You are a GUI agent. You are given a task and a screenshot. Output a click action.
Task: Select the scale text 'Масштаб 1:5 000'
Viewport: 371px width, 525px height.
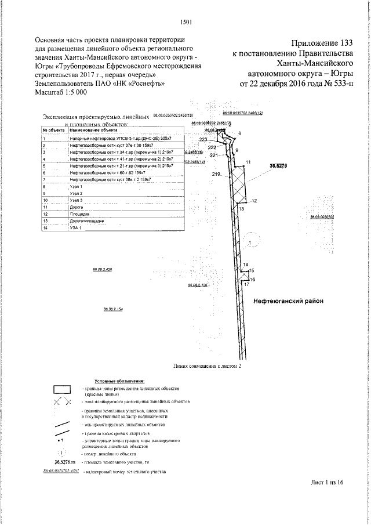(61, 92)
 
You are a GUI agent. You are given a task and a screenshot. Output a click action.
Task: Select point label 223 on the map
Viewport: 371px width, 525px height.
(203, 140)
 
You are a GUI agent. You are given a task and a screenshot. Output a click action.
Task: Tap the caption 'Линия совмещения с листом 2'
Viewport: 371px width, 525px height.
(206, 367)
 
